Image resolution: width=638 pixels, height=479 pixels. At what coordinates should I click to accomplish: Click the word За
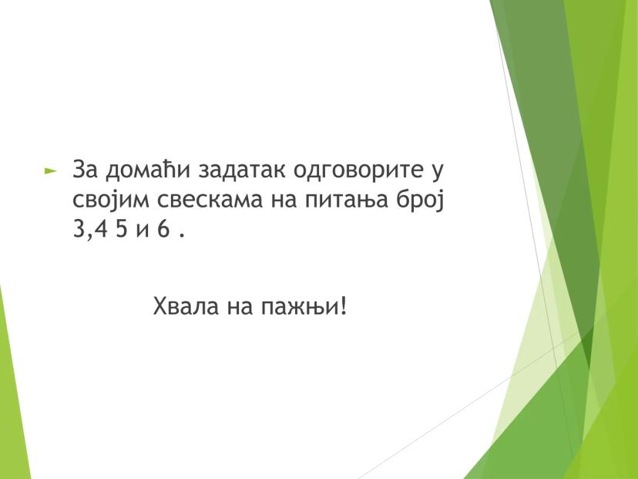tap(85, 169)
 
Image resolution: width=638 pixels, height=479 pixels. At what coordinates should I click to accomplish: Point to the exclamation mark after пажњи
tap(343, 306)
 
